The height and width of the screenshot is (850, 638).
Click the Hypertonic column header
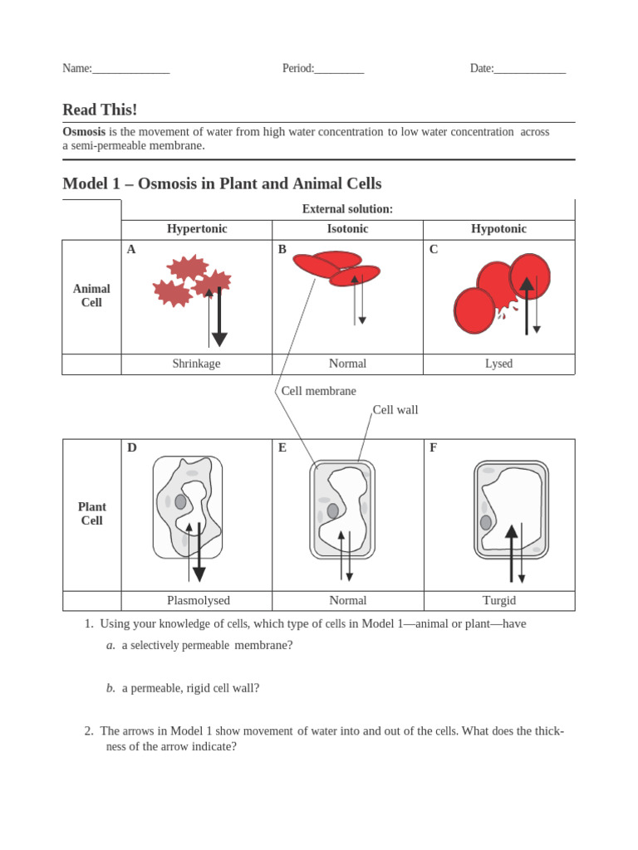(197, 229)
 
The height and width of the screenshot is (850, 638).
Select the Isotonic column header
(347, 229)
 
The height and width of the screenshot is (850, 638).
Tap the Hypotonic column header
(498, 229)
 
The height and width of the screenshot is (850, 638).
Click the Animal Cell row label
(91, 296)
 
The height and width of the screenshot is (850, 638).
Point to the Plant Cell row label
(91, 514)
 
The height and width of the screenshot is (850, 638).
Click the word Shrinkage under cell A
(196, 364)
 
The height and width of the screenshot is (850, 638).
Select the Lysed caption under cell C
(498, 364)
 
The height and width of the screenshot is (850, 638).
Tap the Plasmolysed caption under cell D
(198, 600)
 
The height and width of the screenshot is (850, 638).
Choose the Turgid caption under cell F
(498, 600)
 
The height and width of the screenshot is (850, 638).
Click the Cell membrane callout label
(318, 391)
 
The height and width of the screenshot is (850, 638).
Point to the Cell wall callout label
(395, 410)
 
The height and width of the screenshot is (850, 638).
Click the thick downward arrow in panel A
(219, 319)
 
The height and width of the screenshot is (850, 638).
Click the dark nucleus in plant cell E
(333, 510)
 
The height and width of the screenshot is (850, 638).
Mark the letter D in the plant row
(132, 448)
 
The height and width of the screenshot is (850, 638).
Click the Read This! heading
(100, 110)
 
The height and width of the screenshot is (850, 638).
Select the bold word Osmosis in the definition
(84, 132)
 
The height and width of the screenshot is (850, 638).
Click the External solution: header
(347, 209)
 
